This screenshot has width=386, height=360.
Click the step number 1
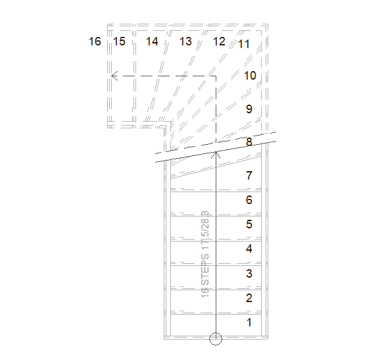pos(249,322)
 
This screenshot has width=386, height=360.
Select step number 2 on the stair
pos(249,298)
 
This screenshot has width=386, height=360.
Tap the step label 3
pos(249,274)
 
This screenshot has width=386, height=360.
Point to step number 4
pos(249,249)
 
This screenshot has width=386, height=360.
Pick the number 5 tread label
pos(249,224)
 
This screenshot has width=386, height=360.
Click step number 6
pos(249,199)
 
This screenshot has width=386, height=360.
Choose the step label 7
pos(249,176)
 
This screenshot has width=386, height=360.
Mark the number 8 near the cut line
pos(249,142)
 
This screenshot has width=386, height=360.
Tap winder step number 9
pos(249,109)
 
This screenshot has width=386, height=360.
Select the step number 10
pos(250,76)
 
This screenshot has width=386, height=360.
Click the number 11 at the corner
pos(244,44)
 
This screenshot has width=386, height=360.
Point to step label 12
pos(219,41)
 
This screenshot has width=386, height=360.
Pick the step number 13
pos(185,41)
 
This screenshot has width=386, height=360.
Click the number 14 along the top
pos(152,41)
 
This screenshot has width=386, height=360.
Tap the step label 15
pos(119,41)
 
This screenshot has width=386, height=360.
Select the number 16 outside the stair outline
pos(95,41)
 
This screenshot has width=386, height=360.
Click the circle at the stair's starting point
pos(216,339)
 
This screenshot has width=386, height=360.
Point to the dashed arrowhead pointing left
pos(114,76)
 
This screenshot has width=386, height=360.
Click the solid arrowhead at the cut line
pos(216,155)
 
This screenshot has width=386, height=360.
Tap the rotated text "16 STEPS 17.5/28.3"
pos(205,254)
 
